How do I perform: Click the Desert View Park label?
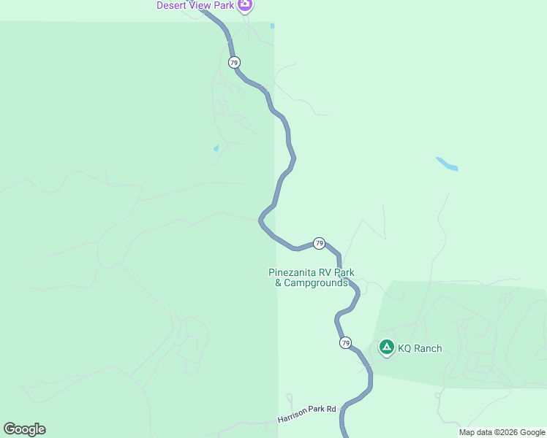coord(196,5)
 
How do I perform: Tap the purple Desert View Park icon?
coord(245,5)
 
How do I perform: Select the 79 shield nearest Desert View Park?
coord(233,62)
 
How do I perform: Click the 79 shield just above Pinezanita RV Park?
coord(319,242)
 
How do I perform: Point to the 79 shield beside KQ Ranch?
coord(345,342)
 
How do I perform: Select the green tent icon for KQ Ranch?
coord(386,347)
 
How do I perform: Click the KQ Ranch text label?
coord(420,348)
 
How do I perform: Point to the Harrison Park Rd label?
coord(306,414)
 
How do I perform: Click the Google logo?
coord(24,429)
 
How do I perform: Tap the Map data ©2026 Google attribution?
coord(502,432)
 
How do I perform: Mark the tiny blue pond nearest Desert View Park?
coord(272,26)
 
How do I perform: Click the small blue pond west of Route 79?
coord(216,148)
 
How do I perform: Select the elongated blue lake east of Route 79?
coord(447,164)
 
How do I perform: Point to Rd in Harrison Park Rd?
coord(331,409)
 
